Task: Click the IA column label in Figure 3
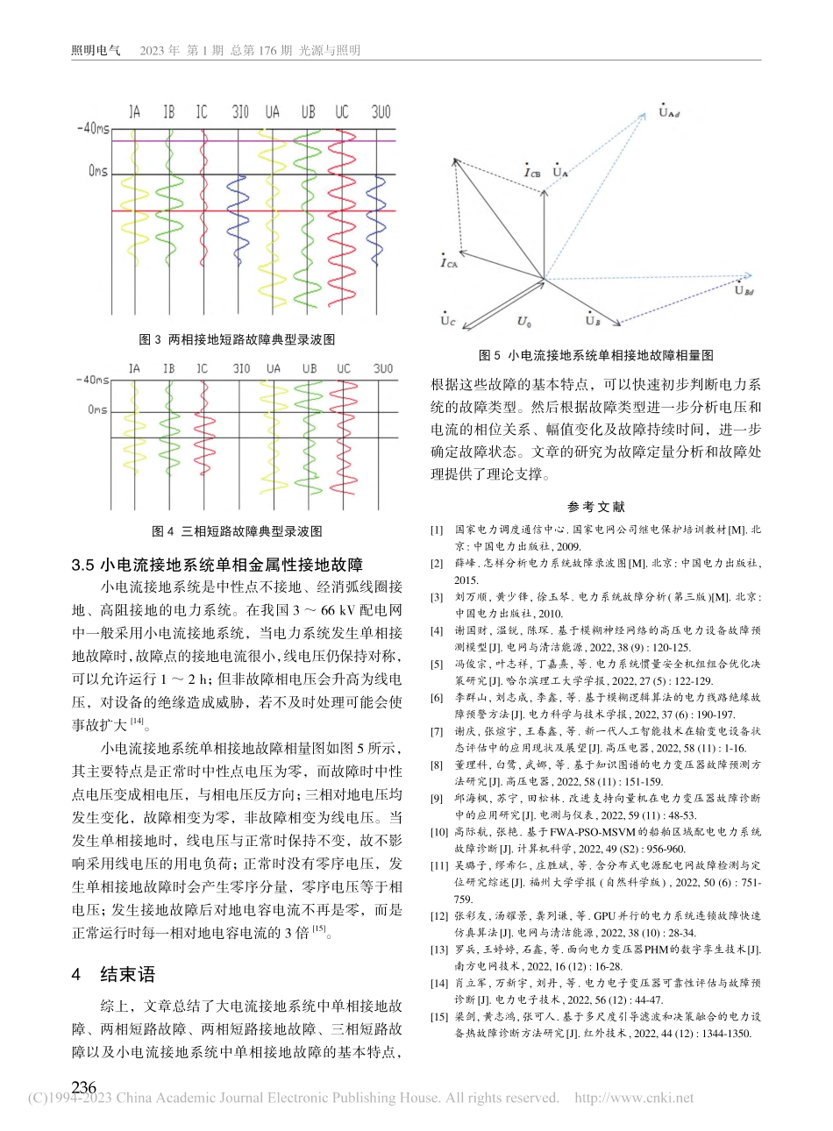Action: tap(134, 112)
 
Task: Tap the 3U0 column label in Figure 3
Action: tap(381, 112)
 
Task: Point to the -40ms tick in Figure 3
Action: tap(92, 129)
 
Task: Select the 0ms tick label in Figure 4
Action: tap(97, 409)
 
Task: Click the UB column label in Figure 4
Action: tap(310, 369)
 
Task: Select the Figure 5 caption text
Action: tap(595, 355)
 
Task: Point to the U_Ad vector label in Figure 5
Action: tap(668, 112)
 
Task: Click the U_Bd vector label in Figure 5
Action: tap(744, 290)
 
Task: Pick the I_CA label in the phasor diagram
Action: tap(448, 261)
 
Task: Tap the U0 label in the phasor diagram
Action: tap(523, 322)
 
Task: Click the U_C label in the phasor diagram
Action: tap(447, 320)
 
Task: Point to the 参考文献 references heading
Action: tap(595, 507)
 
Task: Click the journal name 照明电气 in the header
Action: tap(95, 50)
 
